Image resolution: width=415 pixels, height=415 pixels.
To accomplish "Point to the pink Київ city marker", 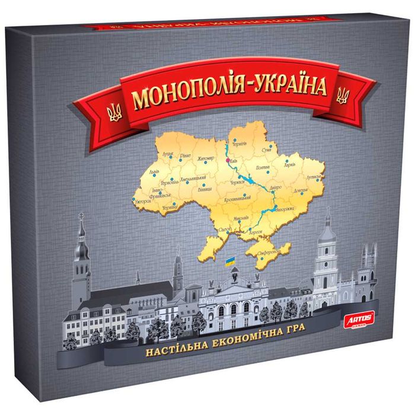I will [227, 159].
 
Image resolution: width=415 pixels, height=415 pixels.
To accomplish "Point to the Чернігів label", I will [239, 143].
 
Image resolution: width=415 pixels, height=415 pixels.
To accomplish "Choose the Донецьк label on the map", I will [301, 191].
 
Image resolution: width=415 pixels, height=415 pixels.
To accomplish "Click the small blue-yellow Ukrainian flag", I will [229, 261].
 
